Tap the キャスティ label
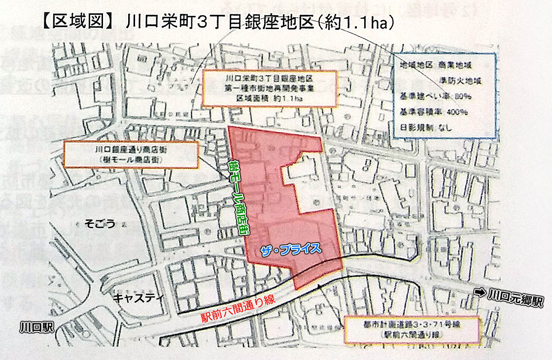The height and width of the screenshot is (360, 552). click(x=134, y=298)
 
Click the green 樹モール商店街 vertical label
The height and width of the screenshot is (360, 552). click(x=238, y=198)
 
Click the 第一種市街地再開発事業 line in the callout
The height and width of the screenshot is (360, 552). click(x=270, y=88)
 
